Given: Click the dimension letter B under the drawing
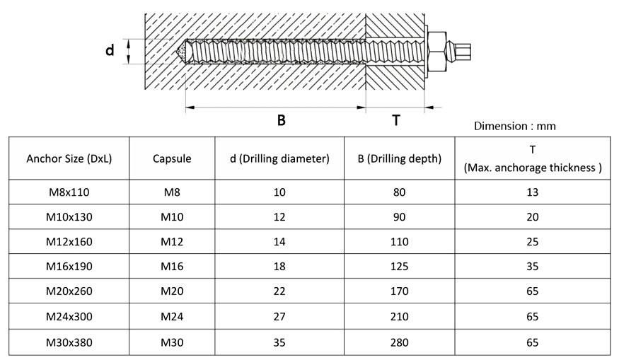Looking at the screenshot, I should pos(281,120).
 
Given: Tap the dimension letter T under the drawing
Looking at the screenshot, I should pos(396,120).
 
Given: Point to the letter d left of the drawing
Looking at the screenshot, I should pos(110,50).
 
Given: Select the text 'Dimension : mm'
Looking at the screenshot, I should pos(514,126).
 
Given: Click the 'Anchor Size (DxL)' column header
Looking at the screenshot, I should pos(69,159).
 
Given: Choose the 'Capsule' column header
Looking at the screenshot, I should pos(172,159).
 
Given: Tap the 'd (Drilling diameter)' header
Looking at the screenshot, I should pos(279,159).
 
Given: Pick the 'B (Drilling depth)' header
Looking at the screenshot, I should pos(400,159).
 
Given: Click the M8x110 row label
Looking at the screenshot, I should pos(69,192).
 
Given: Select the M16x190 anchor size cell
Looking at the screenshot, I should pos(69,266).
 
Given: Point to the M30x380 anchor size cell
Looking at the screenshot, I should pos(69,342).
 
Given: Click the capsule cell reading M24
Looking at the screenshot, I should pos(172,317).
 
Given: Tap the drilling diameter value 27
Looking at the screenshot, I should pos(279,317).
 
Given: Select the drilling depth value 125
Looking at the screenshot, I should pos(400,266).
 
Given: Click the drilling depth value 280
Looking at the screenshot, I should pos(400,342).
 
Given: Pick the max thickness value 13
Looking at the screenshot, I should pos(533,192).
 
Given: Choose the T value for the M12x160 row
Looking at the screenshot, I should pos(533,242).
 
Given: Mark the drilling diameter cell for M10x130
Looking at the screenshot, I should pos(279,216).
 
